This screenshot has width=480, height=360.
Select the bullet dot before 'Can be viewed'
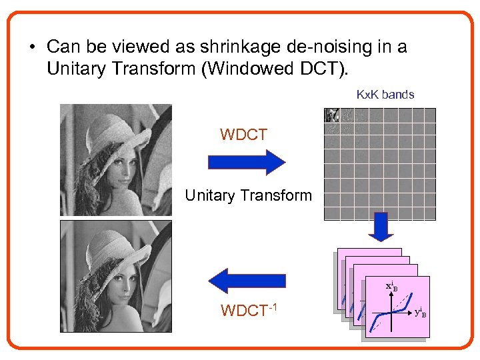[x=31, y=48]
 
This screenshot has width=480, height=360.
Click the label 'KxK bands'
[x=385, y=95]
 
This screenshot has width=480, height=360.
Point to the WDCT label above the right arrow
[x=243, y=135]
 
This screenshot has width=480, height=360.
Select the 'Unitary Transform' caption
[x=248, y=195]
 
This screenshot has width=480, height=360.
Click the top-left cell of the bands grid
[x=331, y=115]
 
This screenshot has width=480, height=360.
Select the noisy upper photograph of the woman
[x=115, y=160]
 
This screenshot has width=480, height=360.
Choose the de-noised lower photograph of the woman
[x=115, y=276]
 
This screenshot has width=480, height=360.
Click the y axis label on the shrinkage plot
[x=420, y=312]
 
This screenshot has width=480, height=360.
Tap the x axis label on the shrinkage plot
[x=392, y=287]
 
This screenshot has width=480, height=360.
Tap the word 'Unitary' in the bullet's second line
[x=73, y=69]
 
